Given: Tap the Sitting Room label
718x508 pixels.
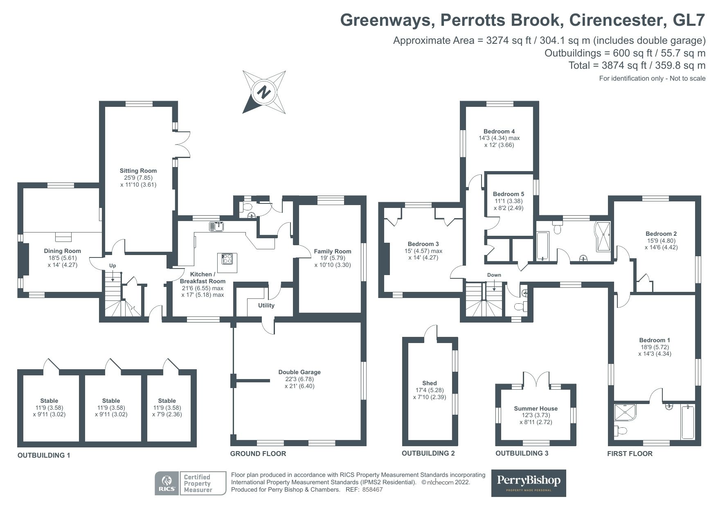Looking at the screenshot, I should click(138, 171).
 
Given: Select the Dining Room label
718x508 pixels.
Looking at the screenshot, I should click(62, 251).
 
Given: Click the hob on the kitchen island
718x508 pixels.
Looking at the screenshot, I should click(227, 259).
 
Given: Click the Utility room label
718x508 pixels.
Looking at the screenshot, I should click(266, 305).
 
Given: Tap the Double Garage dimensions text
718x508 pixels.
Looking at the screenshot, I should click(299, 382).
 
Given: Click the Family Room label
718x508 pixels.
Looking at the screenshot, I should click(332, 251).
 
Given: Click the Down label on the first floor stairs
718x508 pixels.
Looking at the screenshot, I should click(494, 275).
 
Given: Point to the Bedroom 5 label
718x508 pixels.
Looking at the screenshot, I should click(508, 194).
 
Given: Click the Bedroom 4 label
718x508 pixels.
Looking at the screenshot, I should click(499, 131).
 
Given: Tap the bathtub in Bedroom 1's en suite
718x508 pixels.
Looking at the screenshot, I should click(687, 422).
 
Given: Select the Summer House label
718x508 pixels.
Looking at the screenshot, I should click(536, 409).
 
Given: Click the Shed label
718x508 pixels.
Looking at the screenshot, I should click(429, 383).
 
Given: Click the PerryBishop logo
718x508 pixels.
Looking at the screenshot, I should click(528, 483).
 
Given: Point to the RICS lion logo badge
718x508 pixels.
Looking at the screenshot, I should click(167, 483).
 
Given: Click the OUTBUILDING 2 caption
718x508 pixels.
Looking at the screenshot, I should click(428, 453).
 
